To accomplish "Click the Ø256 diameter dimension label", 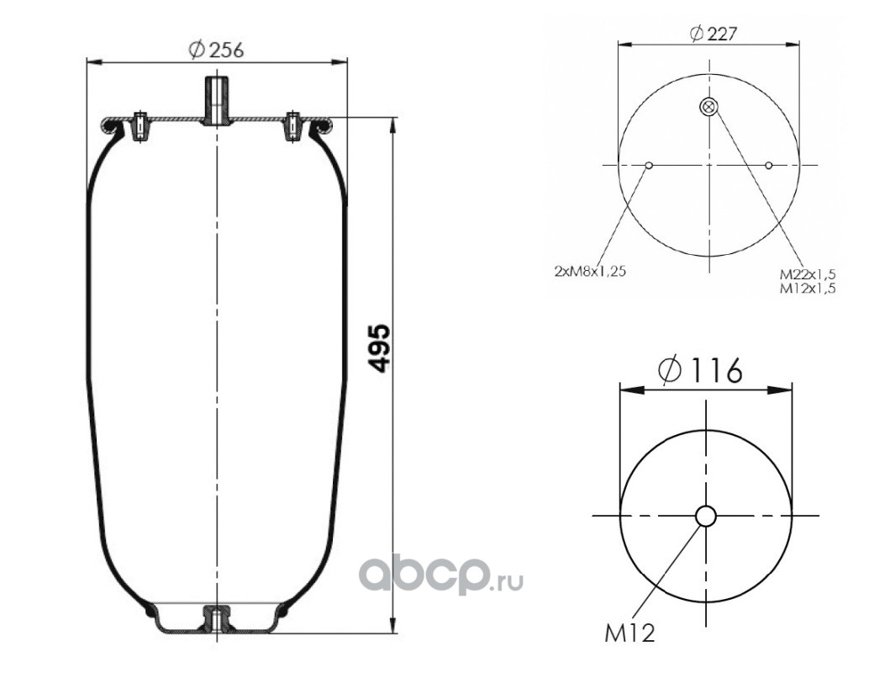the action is point(216,50).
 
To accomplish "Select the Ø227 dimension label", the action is point(714,34).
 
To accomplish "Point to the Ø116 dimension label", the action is point(701,370).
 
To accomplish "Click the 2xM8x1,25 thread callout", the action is point(590,272).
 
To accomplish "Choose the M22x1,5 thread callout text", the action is point(807,274).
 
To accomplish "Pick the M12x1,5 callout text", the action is point(807,288).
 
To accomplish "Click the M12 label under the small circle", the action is point(629,633).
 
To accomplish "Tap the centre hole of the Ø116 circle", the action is point(706,516).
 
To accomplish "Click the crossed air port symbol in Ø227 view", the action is point(708,107).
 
